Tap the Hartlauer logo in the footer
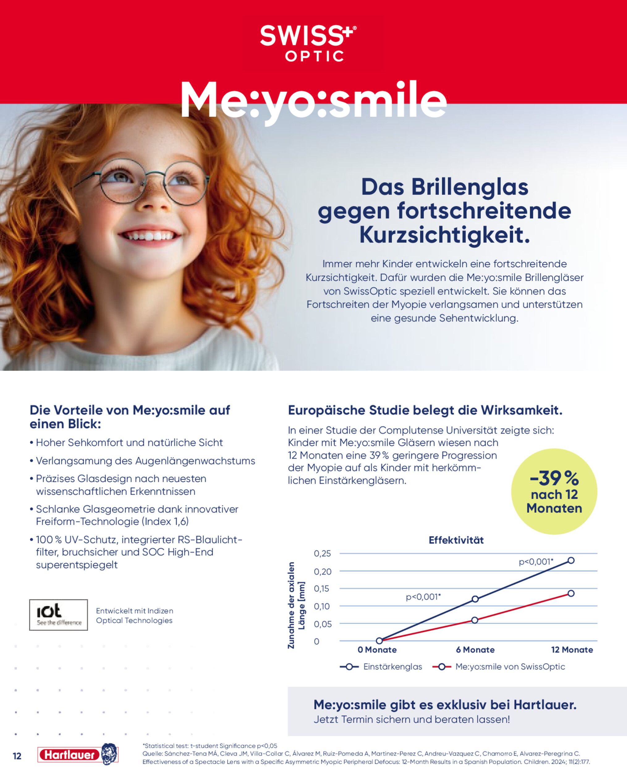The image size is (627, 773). (x=78, y=754)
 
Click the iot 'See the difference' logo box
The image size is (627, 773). (x=58, y=615)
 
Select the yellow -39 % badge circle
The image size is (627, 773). (x=554, y=492)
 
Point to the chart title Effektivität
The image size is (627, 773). (x=456, y=540)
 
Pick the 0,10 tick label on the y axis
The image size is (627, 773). (x=322, y=606)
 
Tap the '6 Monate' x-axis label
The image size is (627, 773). (x=475, y=650)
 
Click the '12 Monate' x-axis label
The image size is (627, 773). (x=572, y=650)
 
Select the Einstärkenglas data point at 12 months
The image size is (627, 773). (x=571, y=561)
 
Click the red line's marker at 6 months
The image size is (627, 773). (x=475, y=620)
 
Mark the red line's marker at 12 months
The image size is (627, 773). (x=571, y=593)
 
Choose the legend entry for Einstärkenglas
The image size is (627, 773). (x=381, y=667)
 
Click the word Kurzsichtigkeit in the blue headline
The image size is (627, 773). (x=445, y=235)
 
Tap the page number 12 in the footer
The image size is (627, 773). (x=17, y=756)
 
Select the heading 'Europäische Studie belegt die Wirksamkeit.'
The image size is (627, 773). (x=425, y=410)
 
